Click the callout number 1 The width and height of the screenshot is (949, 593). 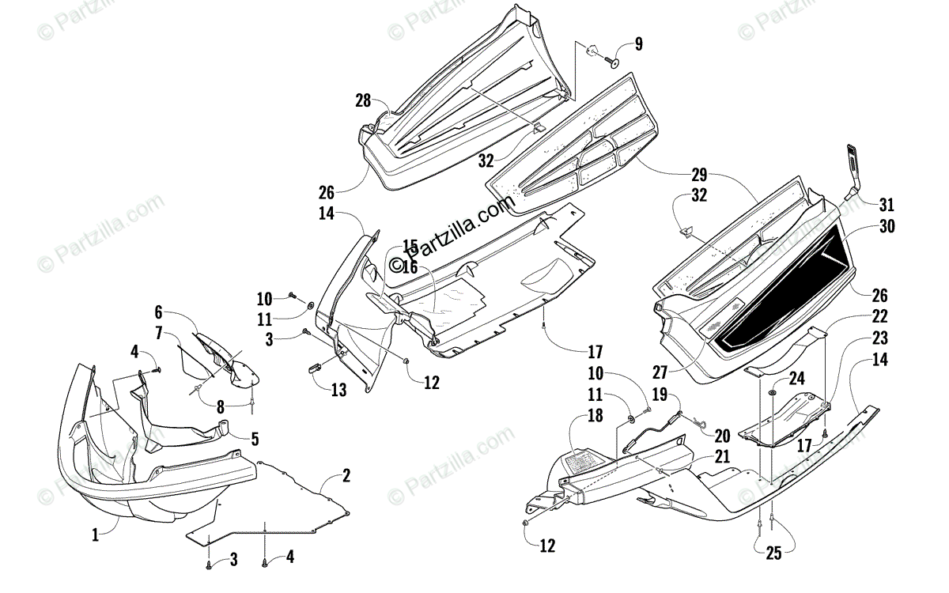[x=95, y=535]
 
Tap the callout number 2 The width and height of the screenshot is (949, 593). [x=346, y=475]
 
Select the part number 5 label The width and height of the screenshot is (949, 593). [x=255, y=438]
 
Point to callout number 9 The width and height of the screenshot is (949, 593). [x=638, y=44]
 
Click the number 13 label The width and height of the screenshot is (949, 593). [x=338, y=390]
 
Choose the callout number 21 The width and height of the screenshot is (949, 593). [x=721, y=456]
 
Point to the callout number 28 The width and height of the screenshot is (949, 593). [x=362, y=100]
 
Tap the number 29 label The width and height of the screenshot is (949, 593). [x=698, y=175]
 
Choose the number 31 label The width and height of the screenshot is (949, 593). [x=886, y=205]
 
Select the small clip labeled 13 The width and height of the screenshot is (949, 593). [x=314, y=367]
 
